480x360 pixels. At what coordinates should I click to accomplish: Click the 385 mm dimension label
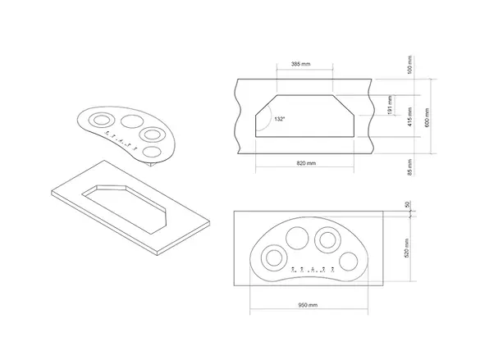(x=300, y=64)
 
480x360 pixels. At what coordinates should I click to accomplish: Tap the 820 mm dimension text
(x=306, y=163)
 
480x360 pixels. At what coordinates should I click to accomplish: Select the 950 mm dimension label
(x=308, y=305)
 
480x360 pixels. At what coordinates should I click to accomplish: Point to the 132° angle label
(x=279, y=119)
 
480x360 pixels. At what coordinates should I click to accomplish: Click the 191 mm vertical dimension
(x=390, y=105)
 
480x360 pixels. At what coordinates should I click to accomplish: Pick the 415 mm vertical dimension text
(x=410, y=116)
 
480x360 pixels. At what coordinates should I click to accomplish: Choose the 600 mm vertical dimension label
(x=427, y=117)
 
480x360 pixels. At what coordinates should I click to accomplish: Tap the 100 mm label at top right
(x=410, y=64)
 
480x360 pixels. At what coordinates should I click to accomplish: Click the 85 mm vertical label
(x=410, y=167)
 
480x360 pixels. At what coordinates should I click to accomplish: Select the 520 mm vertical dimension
(x=406, y=248)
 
